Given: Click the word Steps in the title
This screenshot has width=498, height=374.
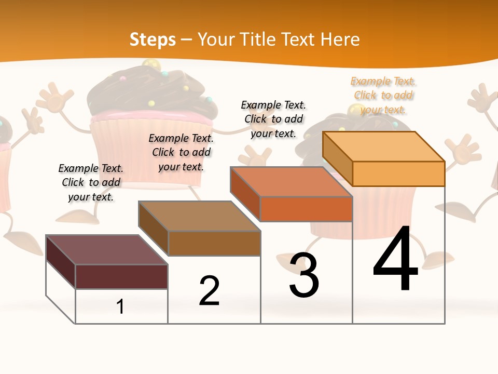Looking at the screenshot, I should point(153,39).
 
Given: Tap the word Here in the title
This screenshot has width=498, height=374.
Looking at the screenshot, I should point(340,39).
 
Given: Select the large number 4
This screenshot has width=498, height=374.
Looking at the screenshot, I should point(396,260).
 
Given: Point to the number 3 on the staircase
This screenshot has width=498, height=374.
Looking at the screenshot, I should point(304,275).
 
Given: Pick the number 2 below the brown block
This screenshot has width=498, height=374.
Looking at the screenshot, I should point(209,291).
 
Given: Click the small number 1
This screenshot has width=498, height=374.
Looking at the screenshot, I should point(120,307).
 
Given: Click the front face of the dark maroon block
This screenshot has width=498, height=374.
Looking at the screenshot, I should point(121,276).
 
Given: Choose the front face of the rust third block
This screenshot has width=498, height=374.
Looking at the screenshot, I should point(306,209).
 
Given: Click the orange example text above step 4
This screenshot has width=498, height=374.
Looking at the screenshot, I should point(383,95).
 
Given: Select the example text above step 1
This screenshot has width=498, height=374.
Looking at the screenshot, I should point(91,182).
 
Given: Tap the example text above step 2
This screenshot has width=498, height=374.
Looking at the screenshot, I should point(181,152).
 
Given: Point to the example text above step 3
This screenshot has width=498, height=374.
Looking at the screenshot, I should point(273,119).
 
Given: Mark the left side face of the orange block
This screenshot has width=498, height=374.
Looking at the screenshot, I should point(337,158).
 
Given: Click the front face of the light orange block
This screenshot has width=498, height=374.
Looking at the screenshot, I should point(398,173).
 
